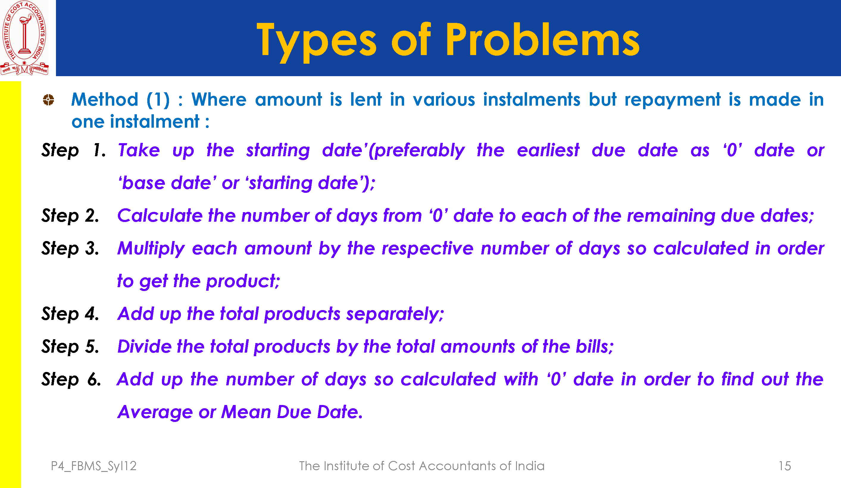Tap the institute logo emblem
click(24, 38)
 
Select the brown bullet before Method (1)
click(49, 99)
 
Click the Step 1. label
click(74, 150)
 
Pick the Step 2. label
click(71, 216)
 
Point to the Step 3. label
click(71, 248)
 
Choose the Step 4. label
click(71, 314)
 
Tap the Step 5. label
click(71, 346)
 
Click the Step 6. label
click(71, 379)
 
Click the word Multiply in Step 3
click(151, 249)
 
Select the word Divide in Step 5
click(144, 346)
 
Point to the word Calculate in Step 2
click(160, 215)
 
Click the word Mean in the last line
click(246, 412)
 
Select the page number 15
click(784, 466)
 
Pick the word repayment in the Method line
click(673, 100)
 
